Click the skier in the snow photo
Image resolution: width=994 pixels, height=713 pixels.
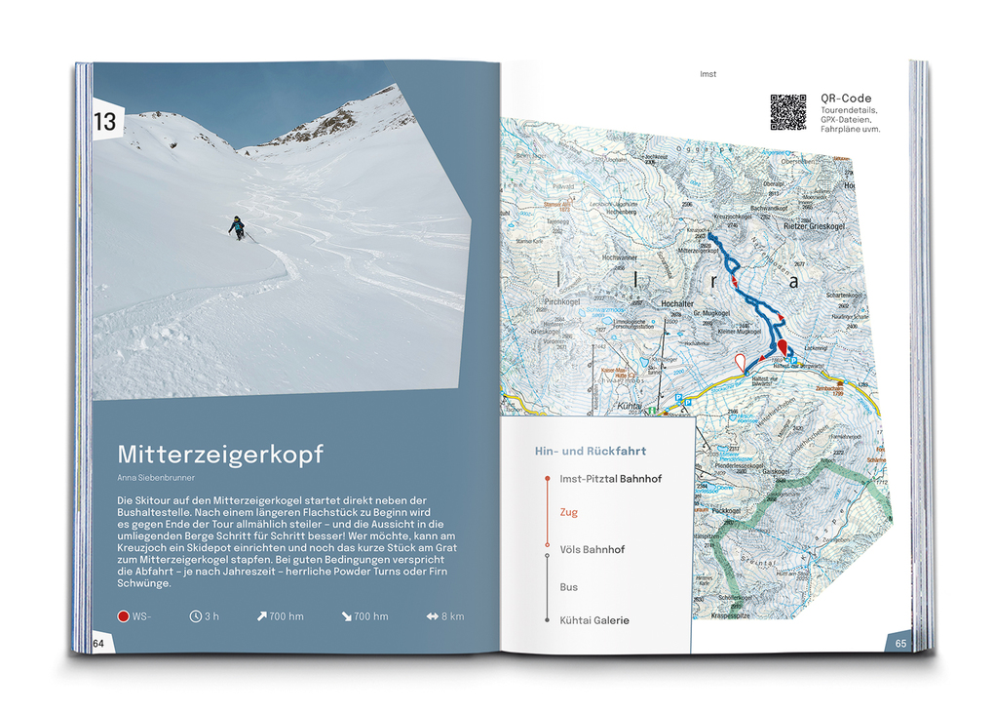point(237,227)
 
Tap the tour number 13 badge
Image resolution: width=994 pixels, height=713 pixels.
point(105,122)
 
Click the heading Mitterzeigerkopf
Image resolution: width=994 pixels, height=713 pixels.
point(220,455)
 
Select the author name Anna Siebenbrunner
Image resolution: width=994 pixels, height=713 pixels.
point(156,477)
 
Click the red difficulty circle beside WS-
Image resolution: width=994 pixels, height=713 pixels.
point(123,616)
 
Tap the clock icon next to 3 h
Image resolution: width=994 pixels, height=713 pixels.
point(196,616)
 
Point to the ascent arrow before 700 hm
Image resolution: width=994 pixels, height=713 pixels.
point(262,616)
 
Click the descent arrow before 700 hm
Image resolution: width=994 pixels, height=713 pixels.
point(347,616)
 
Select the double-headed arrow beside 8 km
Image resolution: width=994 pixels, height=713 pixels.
point(432,616)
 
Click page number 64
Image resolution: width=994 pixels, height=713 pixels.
point(99,644)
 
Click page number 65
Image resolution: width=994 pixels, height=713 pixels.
point(900,643)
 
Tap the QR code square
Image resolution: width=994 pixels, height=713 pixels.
point(788,112)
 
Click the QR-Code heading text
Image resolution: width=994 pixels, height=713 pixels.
point(845,99)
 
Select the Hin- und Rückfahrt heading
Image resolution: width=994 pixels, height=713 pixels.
point(591,452)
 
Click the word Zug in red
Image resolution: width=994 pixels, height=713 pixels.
point(569,512)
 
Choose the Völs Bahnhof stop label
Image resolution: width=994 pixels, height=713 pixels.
point(593,549)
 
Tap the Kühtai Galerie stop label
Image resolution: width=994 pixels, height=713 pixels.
point(594,620)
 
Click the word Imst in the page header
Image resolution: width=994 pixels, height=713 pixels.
point(708,74)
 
